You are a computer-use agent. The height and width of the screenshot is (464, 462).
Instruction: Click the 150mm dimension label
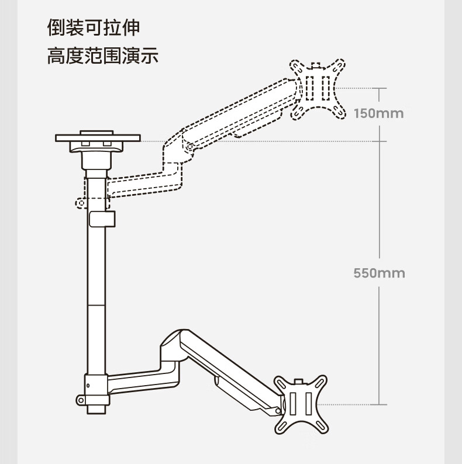click(378, 113)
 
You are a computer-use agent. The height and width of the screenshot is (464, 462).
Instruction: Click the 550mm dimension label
click(379, 273)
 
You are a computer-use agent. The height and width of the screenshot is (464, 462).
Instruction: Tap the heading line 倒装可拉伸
click(94, 28)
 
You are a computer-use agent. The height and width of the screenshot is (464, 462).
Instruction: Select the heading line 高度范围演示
click(103, 57)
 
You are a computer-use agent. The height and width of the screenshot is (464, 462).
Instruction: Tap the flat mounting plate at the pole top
click(98, 138)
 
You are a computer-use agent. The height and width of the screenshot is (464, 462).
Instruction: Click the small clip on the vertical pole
click(102, 219)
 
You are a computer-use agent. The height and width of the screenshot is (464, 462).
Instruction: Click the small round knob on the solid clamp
click(80, 400)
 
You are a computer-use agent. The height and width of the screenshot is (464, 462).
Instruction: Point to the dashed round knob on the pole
click(80, 203)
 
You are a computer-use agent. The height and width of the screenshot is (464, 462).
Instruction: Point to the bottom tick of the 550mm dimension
click(379, 404)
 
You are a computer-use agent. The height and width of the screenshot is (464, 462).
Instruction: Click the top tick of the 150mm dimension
click(379, 88)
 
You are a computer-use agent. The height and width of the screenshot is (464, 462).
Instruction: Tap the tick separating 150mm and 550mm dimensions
click(379, 141)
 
